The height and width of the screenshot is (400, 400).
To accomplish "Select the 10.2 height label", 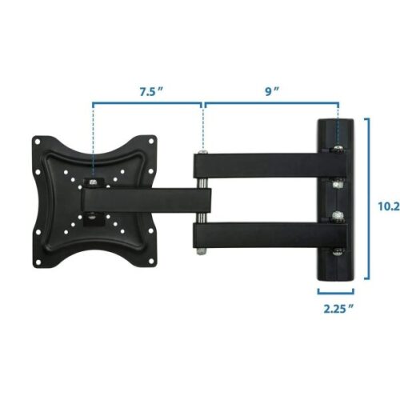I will [389, 206].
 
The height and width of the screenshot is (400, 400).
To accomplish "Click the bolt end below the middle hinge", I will [202, 253].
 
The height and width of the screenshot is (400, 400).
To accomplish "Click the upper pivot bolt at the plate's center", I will [94, 184].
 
